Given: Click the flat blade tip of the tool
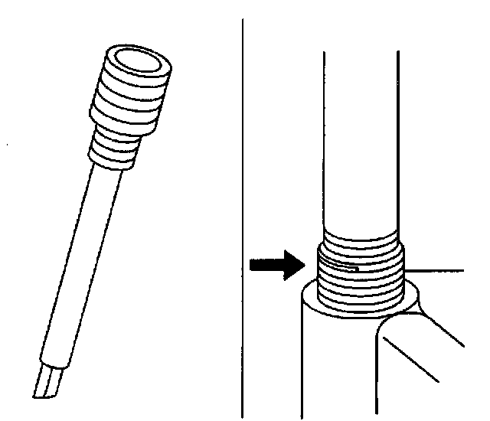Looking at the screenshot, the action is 47,383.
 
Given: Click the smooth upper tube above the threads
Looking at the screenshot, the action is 360,138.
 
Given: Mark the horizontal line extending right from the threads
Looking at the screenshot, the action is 436,270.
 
